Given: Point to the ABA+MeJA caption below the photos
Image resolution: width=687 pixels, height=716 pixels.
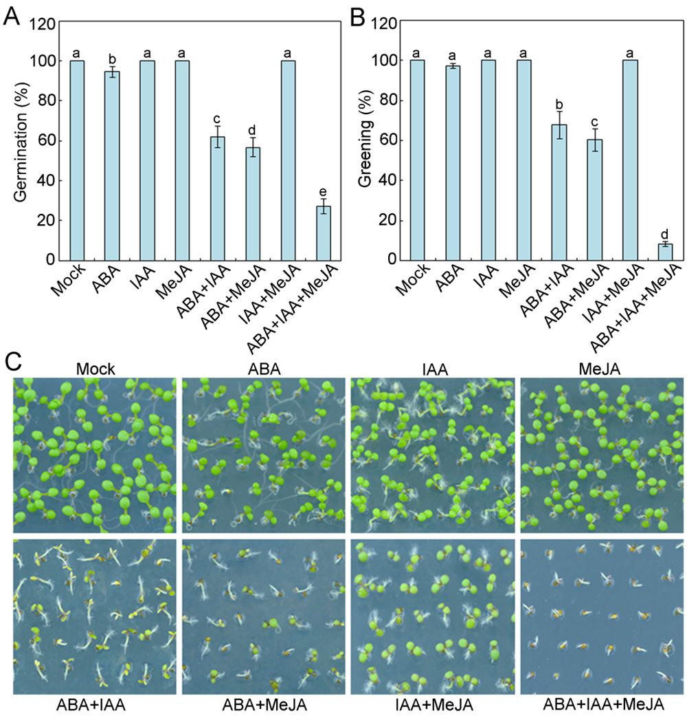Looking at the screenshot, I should point(264,705).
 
